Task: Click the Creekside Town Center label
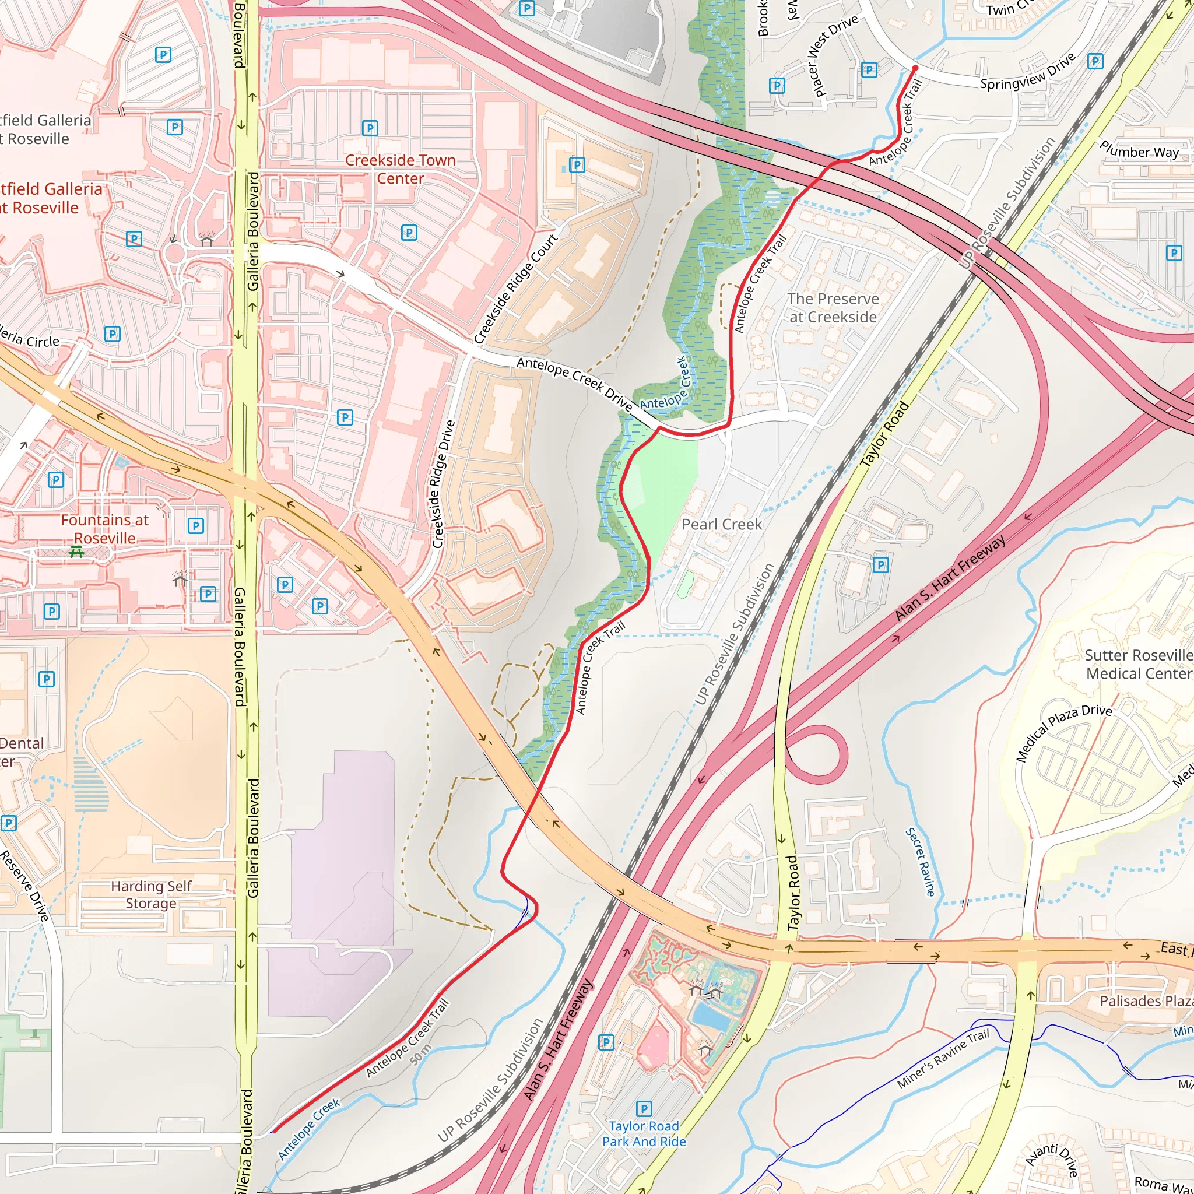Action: click(x=400, y=169)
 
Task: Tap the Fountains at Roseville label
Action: click(x=104, y=529)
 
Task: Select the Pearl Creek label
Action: click(x=721, y=524)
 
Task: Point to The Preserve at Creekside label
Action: click(x=833, y=308)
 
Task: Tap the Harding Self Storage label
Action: click(x=151, y=894)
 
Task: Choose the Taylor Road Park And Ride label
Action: click(x=644, y=1133)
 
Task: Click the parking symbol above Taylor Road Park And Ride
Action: click(x=644, y=1108)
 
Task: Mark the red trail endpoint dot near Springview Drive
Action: click(x=915, y=68)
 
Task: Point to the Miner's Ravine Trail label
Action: click(x=943, y=1059)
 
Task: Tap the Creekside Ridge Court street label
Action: click(x=516, y=288)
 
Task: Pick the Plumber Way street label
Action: click(x=1139, y=150)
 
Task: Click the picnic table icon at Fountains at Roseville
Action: click(x=76, y=552)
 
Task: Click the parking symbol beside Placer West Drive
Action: click(x=869, y=70)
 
